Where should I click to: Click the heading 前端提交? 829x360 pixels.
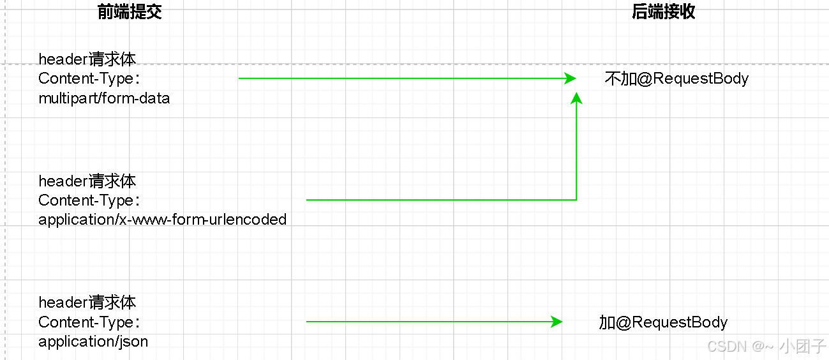coord(130,12)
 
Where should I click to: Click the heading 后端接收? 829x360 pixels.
coord(663,12)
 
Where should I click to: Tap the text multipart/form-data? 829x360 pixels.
coord(104,98)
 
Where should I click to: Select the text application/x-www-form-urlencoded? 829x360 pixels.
coord(162,220)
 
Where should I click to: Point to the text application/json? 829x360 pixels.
coord(93,341)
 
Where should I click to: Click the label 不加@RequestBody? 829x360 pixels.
coord(676,79)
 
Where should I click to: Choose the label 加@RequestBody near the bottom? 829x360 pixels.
coord(663,322)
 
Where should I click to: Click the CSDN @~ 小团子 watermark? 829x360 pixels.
coord(766,346)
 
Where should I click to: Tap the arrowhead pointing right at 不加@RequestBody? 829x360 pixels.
coord(570,79)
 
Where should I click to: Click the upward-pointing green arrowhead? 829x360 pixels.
coord(576,98)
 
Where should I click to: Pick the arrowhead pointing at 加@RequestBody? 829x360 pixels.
coord(556,322)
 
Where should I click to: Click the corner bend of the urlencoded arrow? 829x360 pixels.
coord(576,200)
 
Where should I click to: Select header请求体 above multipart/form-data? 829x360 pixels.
coord(87,59)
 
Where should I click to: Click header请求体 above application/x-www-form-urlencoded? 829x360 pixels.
coord(87,181)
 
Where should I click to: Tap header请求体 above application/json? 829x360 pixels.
coord(87,303)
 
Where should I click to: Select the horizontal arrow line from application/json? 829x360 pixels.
coord(428,322)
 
